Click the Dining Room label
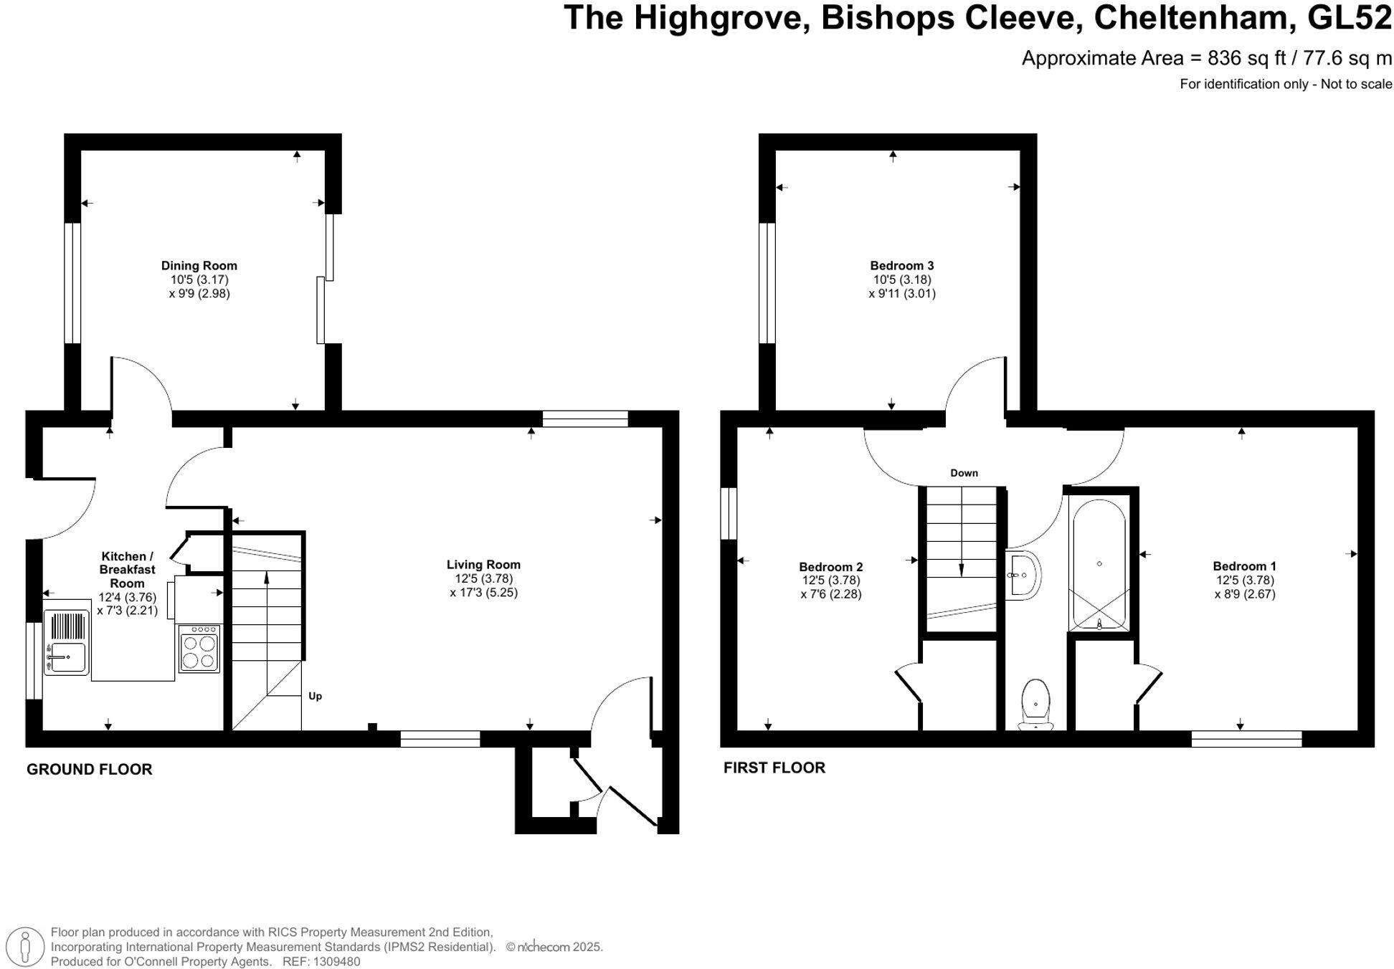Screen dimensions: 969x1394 tap(199, 265)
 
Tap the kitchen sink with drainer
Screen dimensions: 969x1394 tap(66, 642)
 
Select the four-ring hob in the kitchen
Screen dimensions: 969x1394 tap(199, 649)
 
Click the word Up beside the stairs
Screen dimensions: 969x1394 tap(315, 696)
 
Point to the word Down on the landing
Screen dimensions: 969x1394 tap(964, 473)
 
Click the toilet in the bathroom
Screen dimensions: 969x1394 tap(1035, 703)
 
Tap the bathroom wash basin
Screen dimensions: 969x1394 tap(1024, 575)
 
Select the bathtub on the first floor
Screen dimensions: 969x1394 tap(1099, 565)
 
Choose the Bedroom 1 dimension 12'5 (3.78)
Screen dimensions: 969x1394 tap(1245, 580)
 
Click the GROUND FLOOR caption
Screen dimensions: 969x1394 tap(90, 769)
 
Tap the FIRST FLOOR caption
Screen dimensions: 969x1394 tap(774, 768)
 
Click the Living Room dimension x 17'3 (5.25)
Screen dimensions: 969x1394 tap(483, 592)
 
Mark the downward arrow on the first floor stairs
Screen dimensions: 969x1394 tap(961, 568)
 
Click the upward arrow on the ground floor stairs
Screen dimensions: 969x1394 tap(267, 578)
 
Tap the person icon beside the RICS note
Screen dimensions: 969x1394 tap(26, 946)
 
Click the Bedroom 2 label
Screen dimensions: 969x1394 tap(830, 567)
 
